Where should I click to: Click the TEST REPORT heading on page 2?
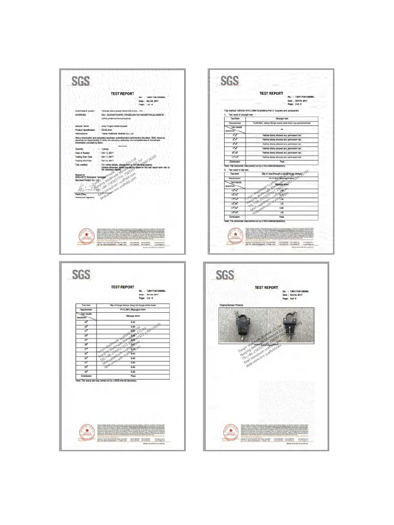click(x=271, y=93)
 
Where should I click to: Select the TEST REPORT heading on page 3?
click(x=122, y=287)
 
